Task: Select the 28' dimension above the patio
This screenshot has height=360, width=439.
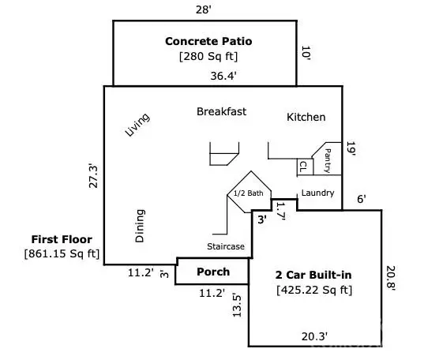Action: coord(204,9)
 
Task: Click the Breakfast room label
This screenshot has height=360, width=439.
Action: coord(221,111)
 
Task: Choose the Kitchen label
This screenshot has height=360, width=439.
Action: coord(306,117)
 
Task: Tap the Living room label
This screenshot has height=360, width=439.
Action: coord(137,125)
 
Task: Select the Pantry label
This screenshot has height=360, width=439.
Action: coord(328,160)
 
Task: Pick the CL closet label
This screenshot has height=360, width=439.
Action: coord(302,167)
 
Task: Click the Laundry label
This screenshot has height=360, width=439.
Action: coord(317,193)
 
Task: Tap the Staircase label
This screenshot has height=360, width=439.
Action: coord(225,246)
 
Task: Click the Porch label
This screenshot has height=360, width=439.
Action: coord(212,272)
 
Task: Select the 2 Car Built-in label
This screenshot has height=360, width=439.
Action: coord(314,275)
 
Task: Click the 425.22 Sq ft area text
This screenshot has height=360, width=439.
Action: coord(314,290)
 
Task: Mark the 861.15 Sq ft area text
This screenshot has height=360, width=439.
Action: coord(62,253)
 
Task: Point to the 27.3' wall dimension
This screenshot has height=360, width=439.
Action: coord(93,175)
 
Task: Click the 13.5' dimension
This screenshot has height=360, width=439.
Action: coord(237,304)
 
